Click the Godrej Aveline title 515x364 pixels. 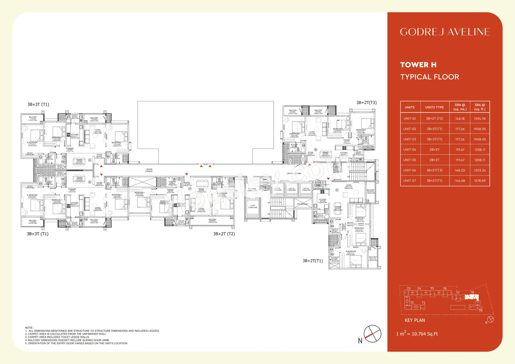click(x=445, y=32)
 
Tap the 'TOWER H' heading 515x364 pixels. click(x=418, y=65)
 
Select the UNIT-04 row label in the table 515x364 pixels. click(x=410, y=150)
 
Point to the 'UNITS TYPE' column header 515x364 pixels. click(x=435, y=107)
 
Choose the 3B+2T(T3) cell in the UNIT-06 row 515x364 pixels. click(x=435, y=171)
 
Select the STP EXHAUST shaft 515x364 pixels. click(x=302, y=204)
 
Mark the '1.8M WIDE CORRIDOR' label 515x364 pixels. click(x=149, y=171)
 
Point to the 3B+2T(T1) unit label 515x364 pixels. click(x=313, y=261)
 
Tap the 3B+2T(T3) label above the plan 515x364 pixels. click(x=366, y=103)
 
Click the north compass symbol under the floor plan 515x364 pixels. click(x=369, y=333)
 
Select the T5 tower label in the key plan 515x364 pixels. click(x=432, y=288)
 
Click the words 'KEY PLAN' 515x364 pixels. click(x=414, y=320)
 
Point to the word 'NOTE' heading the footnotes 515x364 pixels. click(x=29, y=328)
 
